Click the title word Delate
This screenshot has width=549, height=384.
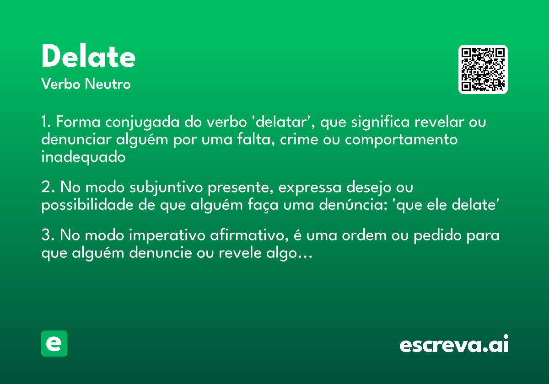tap(88, 57)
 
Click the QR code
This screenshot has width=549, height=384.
tap(483, 69)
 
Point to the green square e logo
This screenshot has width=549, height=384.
tap(54, 343)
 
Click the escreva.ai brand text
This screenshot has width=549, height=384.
tap(454, 345)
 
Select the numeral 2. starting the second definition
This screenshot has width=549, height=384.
tap(48, 188)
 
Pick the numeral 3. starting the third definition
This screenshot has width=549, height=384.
tap(48, 236)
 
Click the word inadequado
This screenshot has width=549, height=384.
tap(83, 157)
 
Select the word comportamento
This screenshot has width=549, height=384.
tap(401, 140)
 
